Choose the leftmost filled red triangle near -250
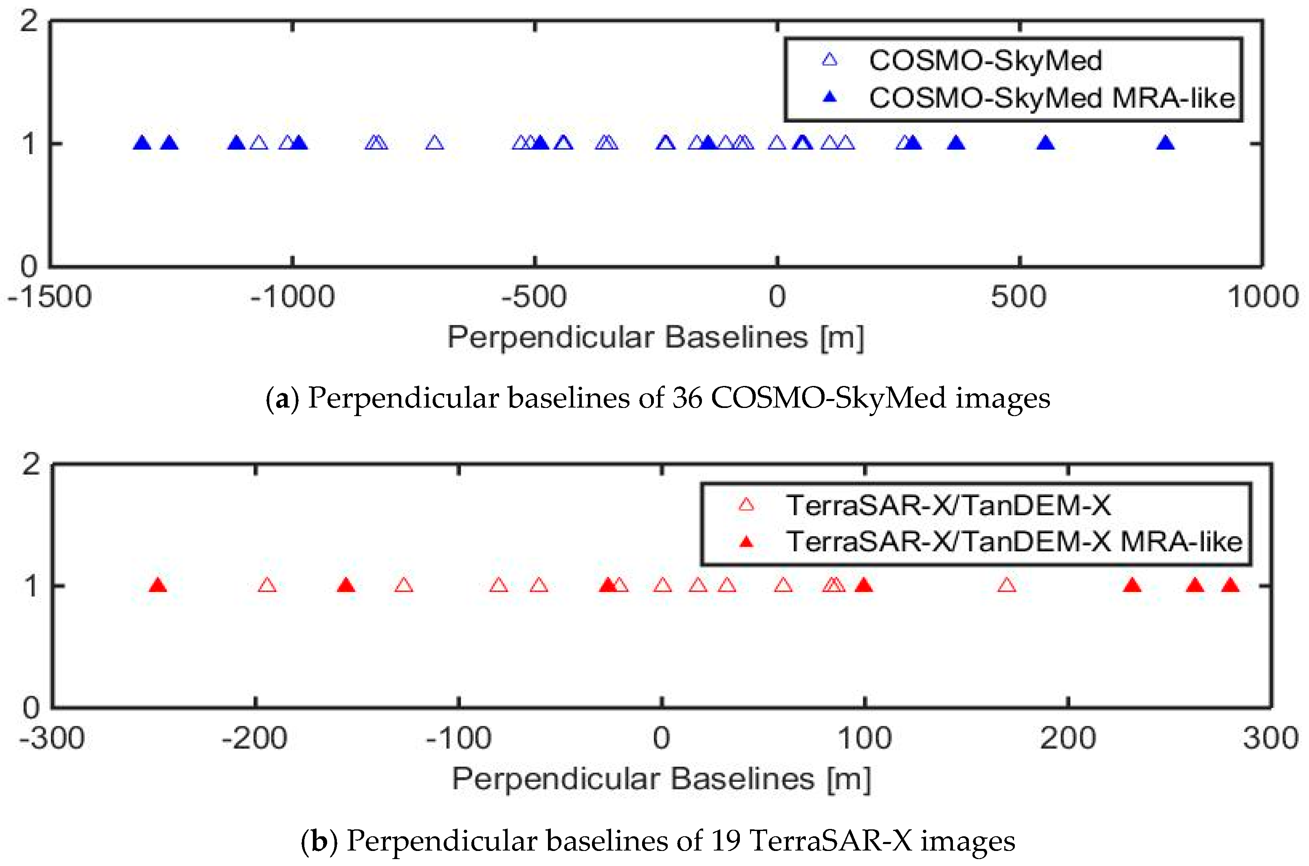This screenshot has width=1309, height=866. pyautogui.click(x=158, y=585)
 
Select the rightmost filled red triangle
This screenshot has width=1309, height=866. pyautogui.click(x=1230, y=585)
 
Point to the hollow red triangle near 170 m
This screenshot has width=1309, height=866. pyautogui.click(x=1007, y=585)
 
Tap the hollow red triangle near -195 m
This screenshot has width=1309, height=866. pyautogui.click(x=267, y=585)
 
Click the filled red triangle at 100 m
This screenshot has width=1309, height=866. pyautogui.click(x=864, y=585)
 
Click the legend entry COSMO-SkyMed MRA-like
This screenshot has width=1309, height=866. pyautogui.click(x=1052, y=98)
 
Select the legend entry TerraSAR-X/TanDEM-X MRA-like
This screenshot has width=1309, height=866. pyautogui.click(x=1014, y=541)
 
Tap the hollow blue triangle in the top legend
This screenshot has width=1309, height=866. pyautogui.click(x=830, y=60)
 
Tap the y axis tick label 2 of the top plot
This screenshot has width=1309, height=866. pyautogui.click(x=29, y=22)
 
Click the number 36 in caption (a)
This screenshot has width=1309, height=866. pyautogui.click(x=687, y=398)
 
